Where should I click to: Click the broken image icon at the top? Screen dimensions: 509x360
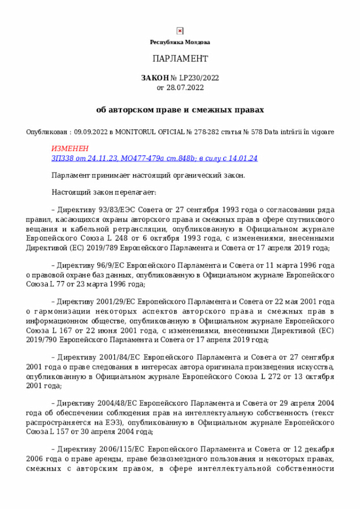pos(179,31)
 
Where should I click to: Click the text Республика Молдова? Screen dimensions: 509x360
pos(179,42)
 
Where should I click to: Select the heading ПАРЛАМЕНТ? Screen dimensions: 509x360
pos(180,59)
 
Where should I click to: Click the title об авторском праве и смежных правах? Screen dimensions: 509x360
pos(180,109)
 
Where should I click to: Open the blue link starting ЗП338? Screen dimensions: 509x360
pos(154,158)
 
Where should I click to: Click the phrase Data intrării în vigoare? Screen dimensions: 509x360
pos(299,132)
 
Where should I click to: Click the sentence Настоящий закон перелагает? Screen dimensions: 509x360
pos(104,192)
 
